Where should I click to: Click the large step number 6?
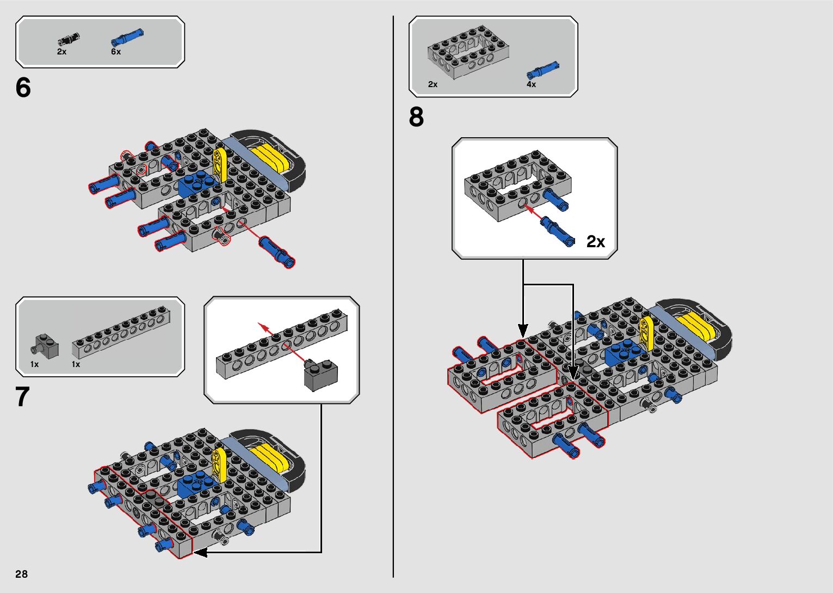pyautogui.click(x=23, y=88)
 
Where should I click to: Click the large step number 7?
pyautogui.click(x=22, y=397)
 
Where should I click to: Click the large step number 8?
pyautogui.click(x=416, y=117)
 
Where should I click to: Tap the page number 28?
pyautogui.click(x=21, y=574)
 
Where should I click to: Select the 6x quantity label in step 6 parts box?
pyautogui.click(x=116, y=52)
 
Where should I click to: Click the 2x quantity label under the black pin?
pyautogui.click(x=61, y=52)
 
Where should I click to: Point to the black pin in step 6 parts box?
pyautogui.click(x=69, y=39)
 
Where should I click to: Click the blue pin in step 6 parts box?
pyautogui.click(x=127, y=37)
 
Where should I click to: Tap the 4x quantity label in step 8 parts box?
pyautogui.click(x=531, y=84)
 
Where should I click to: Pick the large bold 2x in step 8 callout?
pyautogui.click(x=596, y=241)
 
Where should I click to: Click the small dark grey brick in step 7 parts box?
pyautogui.click(x=46, y=345)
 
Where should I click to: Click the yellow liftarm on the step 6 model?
pyautogui.click(x=220, y=163)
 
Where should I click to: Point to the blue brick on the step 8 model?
pyautogui.click(x=621, y=352)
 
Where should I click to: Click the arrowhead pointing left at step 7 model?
pyautogui.click(x=199, y=552)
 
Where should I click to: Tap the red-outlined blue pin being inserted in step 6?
pyautogui.click(x=277, y=252)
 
